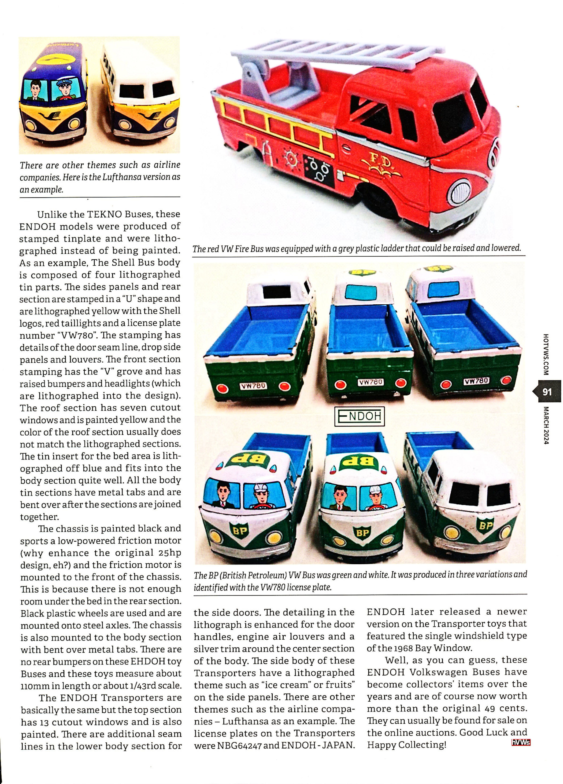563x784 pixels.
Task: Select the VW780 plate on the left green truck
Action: tap(252, 386)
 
